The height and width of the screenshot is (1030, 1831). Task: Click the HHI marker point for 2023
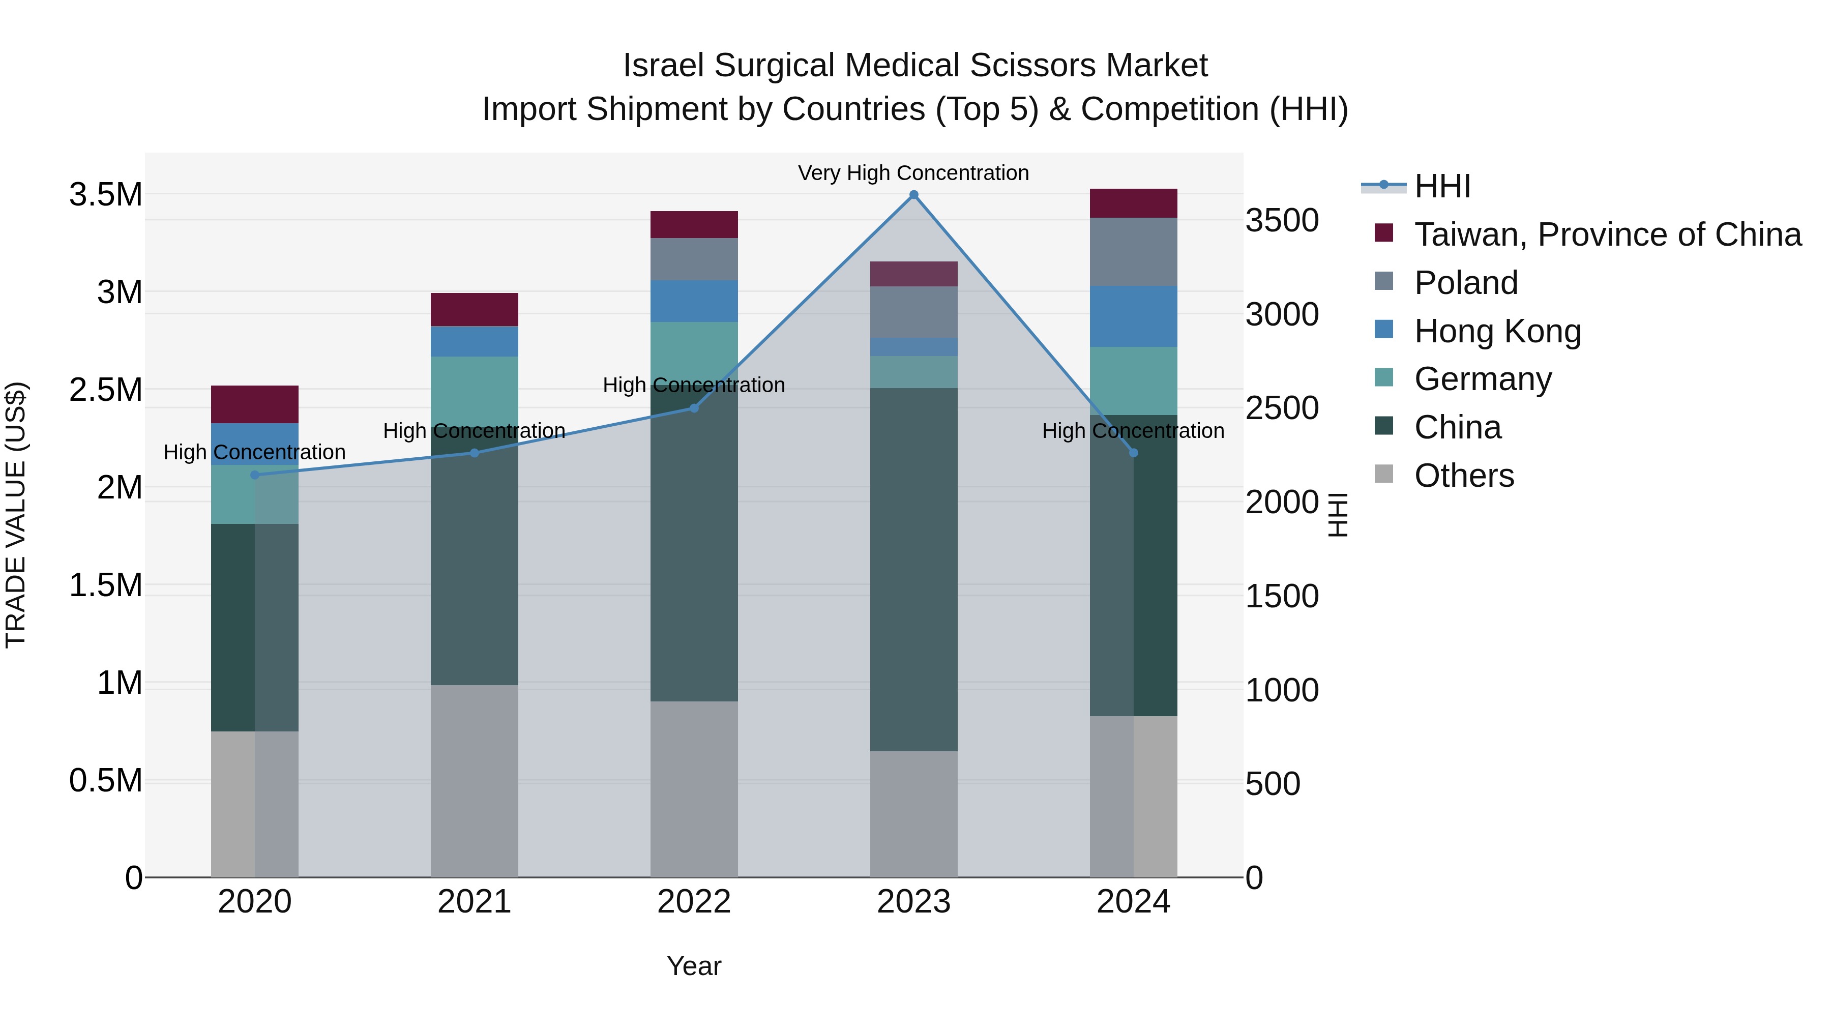[914, 195]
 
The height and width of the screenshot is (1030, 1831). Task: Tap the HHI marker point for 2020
[255, 475]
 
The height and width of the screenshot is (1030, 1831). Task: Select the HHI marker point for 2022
[694, 408]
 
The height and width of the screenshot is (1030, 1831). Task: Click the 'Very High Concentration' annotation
[913, 173]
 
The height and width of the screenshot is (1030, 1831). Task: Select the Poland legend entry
[1466, 283]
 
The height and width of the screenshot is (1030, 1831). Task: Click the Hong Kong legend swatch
[1384, 330]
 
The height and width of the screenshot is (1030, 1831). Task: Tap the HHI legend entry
[1442, 186]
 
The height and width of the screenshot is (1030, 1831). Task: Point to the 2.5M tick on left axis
[106, 390]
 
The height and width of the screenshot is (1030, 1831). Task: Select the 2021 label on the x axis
[474, 902]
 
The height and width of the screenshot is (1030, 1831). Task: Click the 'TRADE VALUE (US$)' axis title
[16, 515]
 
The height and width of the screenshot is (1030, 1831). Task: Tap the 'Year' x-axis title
[694, 966]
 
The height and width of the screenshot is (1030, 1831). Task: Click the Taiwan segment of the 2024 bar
[1133, 203]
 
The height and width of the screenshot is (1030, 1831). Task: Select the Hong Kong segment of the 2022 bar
[694, 301]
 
